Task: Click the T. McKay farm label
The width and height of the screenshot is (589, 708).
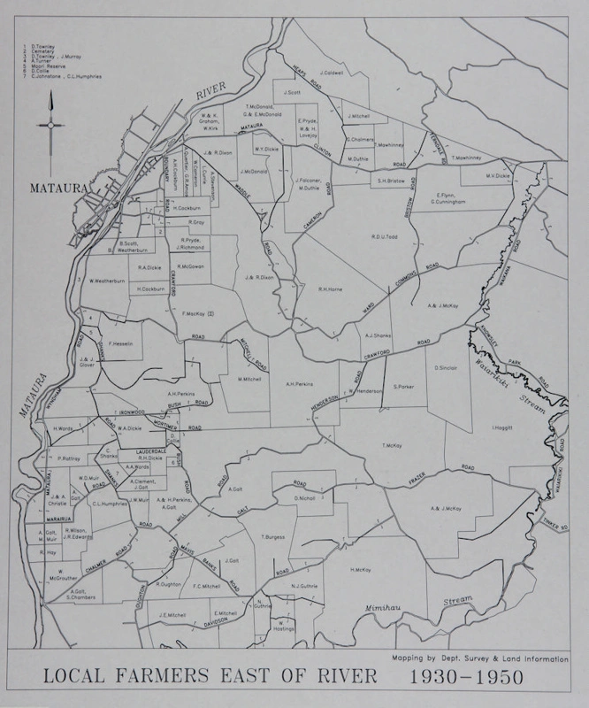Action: tap(392, 445)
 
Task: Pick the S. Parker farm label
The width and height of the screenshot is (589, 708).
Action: tap(404, 387)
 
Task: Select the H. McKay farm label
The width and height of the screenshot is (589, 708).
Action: tap(360, 569)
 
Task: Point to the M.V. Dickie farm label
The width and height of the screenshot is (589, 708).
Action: tap(498, 175)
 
